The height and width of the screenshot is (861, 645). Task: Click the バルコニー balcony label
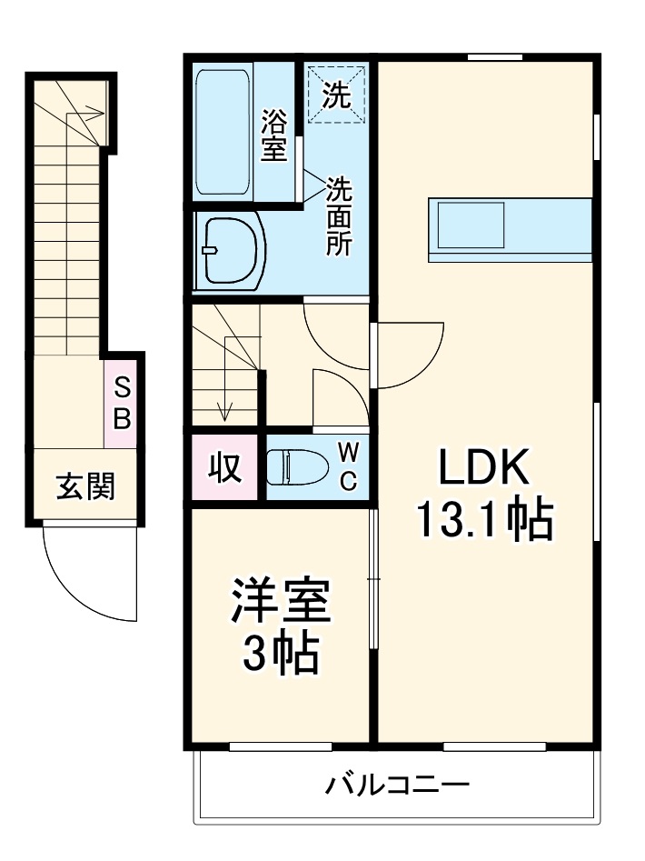[398, 784]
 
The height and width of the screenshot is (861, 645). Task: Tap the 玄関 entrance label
[85, 487]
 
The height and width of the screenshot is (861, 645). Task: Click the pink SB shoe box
[122, 404]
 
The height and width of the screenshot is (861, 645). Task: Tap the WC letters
[349, 467]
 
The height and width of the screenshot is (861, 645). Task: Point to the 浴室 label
[273, 135]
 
